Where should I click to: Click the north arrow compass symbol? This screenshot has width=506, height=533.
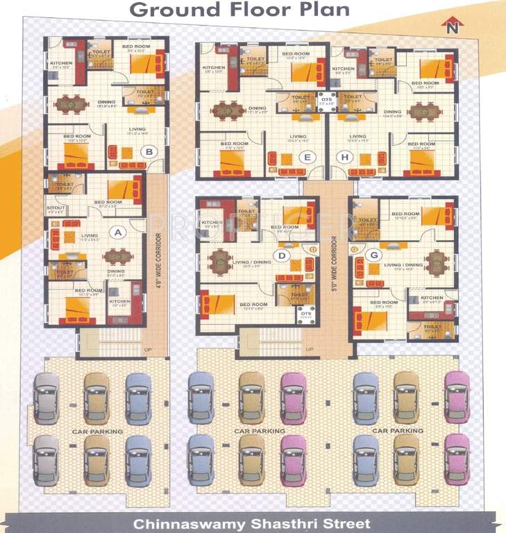coord(453,26)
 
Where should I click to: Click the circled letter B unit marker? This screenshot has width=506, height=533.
coord(147,151)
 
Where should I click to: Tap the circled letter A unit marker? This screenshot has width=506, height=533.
coord(117,233)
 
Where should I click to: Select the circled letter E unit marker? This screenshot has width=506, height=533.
coord(306,158)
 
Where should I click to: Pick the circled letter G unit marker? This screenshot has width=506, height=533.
coord(374,255)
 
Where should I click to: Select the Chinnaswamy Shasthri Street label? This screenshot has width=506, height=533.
coord(252,523)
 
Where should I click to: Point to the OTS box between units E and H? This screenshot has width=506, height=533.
coord(326,101)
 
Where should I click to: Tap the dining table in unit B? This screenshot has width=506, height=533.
coord(68,104)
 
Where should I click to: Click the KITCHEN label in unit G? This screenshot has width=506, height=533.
coord(432,298)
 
